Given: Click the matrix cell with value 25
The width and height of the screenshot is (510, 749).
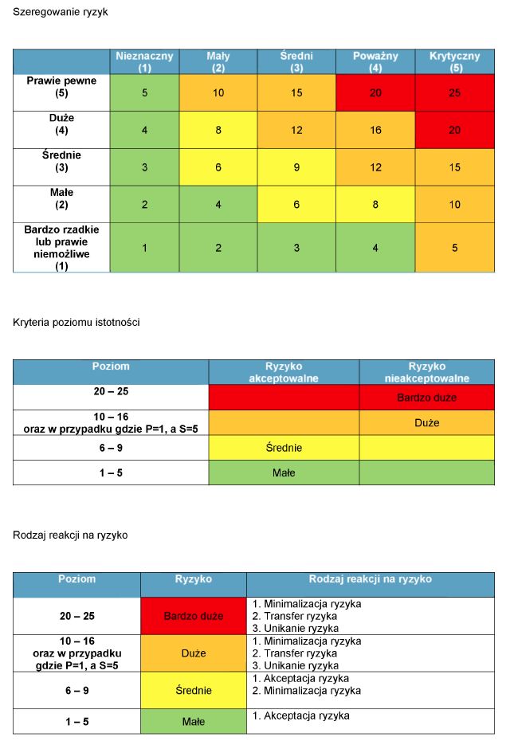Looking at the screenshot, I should point(454,93).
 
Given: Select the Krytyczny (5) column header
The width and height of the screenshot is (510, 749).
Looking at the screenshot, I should point(454,62).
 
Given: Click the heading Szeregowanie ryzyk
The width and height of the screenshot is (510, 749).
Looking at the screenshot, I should point(60,13).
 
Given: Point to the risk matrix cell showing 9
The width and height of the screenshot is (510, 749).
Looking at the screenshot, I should point(296,167).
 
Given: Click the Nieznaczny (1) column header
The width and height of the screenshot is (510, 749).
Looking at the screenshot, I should point(144,62).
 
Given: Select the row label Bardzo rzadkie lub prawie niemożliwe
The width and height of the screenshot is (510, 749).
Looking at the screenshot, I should point(61,248).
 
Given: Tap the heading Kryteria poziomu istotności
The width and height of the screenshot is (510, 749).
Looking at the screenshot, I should point(77,322).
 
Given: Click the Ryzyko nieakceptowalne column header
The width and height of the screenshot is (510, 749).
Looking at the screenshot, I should point(426,372).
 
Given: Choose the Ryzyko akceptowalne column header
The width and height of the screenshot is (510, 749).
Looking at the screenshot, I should point(284,372).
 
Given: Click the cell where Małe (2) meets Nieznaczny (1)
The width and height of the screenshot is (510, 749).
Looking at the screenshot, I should point(144,205).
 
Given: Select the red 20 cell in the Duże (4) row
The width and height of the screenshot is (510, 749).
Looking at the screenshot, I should point(454,130).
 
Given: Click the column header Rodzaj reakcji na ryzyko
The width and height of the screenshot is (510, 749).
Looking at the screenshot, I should point(370,579).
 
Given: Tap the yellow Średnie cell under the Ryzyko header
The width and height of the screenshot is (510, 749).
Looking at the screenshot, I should point(193,690).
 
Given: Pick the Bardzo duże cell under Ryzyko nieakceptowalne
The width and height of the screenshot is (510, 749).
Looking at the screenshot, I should point(426,397).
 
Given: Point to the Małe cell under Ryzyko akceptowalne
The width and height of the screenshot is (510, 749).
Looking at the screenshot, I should point(284,473).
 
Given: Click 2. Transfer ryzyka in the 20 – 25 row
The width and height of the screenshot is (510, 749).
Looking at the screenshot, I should point(294,616).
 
